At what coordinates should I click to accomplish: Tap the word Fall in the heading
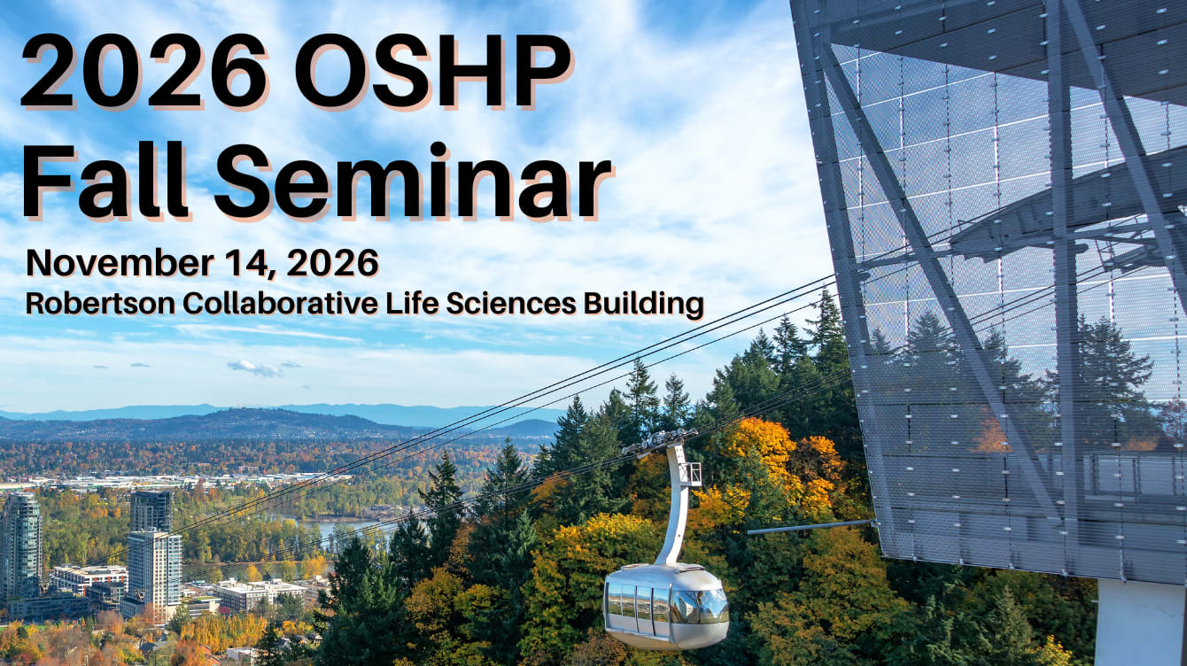105,180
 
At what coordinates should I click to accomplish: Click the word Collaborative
280,304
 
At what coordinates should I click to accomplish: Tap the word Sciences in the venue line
511,304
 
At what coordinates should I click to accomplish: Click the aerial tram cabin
666,607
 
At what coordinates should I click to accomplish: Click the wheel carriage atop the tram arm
659,441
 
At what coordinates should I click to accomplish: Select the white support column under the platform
1140,623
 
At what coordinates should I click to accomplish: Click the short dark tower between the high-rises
151,511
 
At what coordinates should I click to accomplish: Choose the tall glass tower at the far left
20,546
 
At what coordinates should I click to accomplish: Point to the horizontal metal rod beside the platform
811,527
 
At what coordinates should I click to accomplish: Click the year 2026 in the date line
333,263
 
